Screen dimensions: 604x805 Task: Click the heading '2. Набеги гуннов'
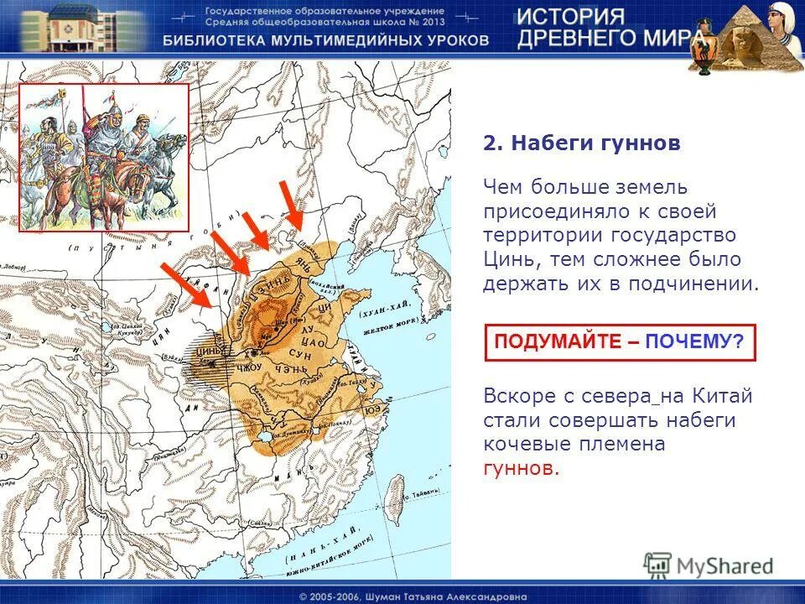point(582,143)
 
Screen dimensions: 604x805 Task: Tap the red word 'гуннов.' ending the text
point(521,468)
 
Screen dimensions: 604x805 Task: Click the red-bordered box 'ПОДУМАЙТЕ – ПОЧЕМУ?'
point(620,342)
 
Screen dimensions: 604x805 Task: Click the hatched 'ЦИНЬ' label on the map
point(208,353)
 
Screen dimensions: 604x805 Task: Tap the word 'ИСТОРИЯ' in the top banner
point(569,18)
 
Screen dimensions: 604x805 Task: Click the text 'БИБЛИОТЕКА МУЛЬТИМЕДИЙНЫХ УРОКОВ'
point(325,40)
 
